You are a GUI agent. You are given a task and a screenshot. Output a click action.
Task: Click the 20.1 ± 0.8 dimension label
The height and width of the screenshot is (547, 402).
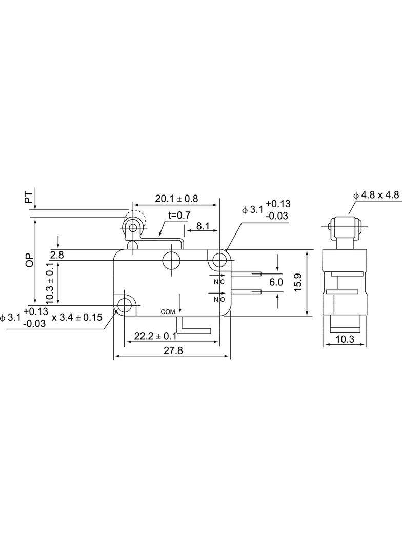pos(176,199)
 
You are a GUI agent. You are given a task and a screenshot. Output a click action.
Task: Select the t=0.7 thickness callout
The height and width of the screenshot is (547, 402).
pos(179,215)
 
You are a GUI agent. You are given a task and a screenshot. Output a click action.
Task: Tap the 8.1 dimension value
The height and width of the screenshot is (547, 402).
pos(203,226)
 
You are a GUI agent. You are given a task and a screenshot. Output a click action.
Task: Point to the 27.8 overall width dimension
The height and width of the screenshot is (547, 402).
pos(173,350)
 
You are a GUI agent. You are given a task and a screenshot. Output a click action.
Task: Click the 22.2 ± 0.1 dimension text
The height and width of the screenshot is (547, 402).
pos(155,336)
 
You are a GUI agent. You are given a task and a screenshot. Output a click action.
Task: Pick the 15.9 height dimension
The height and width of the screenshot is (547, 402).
pos(297,283)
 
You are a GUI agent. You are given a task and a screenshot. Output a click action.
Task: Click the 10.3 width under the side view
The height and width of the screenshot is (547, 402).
pos(345,339)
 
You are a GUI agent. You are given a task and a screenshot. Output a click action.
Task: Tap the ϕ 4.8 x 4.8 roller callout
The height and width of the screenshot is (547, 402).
pos(376,194)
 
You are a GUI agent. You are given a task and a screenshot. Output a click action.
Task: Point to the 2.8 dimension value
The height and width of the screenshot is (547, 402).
pos(57,255)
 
